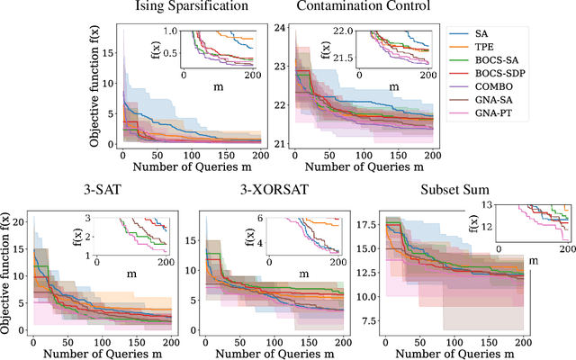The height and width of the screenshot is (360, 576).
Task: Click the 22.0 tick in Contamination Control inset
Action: pos(346,31)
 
